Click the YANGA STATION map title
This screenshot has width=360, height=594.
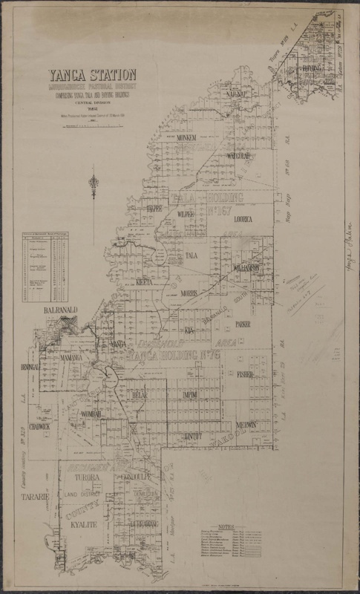pos(93,74)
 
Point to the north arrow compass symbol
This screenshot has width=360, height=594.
pos(94,185)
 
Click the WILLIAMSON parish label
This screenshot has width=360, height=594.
pos(244,267)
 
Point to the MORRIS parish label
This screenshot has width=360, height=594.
pos(190,293)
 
